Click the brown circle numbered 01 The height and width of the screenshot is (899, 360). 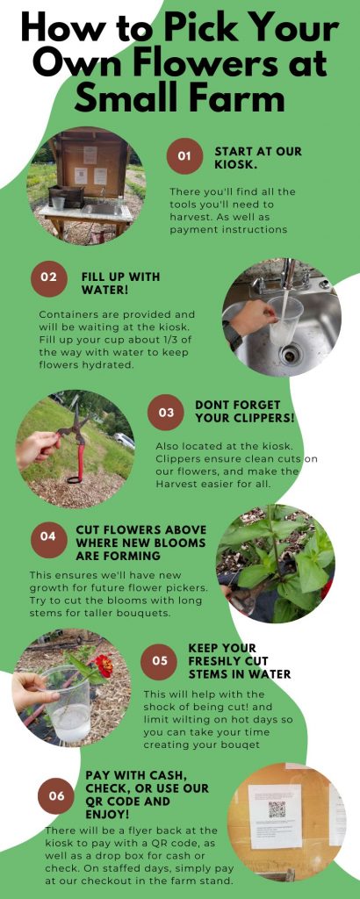184,155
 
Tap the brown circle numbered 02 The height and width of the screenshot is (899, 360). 48,278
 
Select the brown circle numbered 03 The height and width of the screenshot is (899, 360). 166,413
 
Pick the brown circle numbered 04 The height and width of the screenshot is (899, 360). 48,537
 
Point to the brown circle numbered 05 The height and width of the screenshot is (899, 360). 159,660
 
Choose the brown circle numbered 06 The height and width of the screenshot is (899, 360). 56,795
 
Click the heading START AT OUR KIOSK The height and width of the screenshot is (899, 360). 258,158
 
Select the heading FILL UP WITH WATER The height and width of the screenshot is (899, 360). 120,284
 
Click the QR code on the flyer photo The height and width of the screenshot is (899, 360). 277,809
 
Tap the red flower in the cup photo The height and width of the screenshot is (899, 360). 104,665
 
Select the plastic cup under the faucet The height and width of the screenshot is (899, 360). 284,321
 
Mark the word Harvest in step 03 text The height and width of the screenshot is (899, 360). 177,483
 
